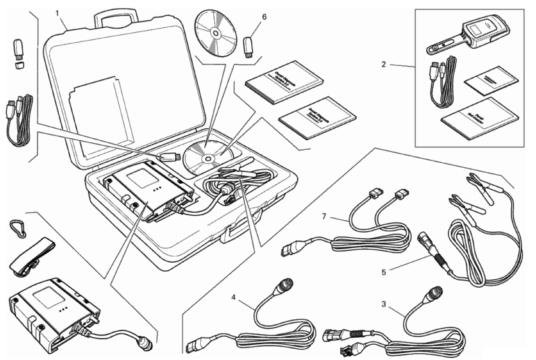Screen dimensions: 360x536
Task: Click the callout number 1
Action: (x=57, y=13)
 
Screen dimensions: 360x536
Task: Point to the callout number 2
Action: (x=384, y=65)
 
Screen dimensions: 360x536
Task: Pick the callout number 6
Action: (x=264, y=17)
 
